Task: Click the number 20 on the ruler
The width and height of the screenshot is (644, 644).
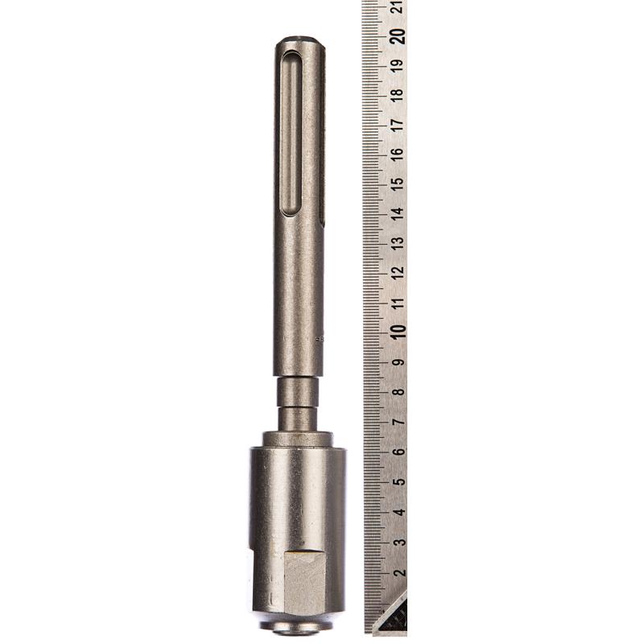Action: (x=398, y=36)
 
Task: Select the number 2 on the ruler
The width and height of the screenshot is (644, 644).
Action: (x=398, y=572)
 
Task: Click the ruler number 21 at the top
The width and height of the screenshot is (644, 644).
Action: (x=398, y=6)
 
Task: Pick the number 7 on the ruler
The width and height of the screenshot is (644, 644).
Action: (x=398, y=422)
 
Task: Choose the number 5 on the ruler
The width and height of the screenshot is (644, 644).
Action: (x=398, y=481)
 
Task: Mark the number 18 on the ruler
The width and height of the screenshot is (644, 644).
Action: (x=398, y=94)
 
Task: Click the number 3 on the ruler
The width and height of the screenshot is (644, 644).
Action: (x=398, y=542)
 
